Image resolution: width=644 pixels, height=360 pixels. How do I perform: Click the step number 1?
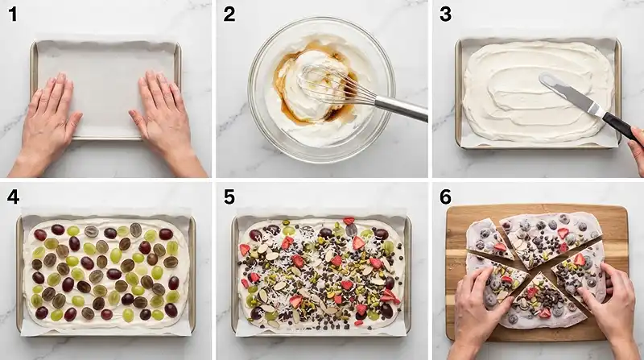pos(13,14)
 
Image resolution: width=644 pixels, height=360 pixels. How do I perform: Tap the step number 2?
pos(229,14)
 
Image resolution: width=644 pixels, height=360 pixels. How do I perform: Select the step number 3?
pos(445,14)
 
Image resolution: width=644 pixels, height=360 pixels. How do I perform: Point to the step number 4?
pos(13,197)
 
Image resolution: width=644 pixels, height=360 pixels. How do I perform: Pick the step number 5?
pos(229,197)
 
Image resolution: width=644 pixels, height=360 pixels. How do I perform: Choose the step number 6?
pos(445,197)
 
